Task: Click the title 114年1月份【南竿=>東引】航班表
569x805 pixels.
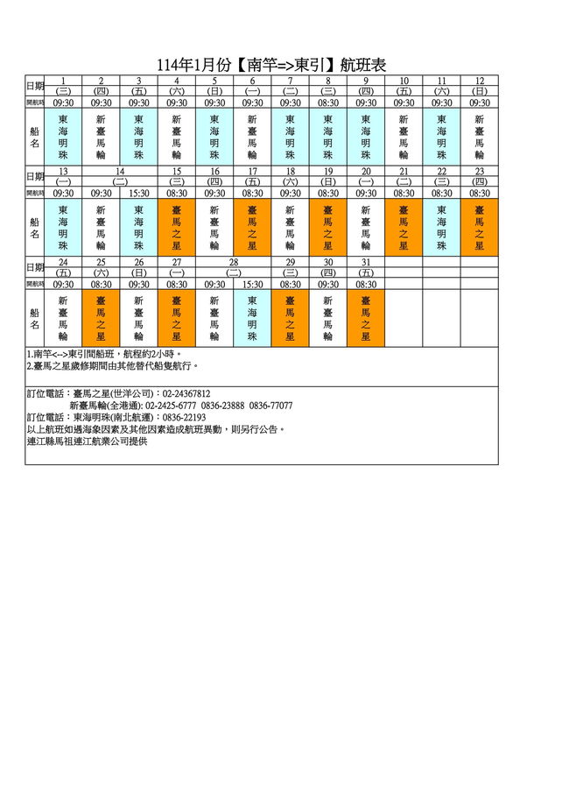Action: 270,65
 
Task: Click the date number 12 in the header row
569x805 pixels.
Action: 480,81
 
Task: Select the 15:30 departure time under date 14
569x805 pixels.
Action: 139,193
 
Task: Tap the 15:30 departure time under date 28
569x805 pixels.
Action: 253,284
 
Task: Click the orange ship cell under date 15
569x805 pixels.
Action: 177,227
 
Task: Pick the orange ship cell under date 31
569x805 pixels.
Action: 366,318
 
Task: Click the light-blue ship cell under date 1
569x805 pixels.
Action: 63,136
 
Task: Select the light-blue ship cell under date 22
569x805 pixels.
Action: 442,227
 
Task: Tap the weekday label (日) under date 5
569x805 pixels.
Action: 214,91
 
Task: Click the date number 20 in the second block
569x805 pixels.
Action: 366,172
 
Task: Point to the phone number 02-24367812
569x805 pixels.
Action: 186,394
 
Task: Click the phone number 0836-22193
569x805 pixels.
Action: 178,418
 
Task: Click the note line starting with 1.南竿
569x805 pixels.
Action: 104,354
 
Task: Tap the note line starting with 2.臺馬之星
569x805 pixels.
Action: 114,365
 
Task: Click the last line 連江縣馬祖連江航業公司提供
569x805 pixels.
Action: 88,441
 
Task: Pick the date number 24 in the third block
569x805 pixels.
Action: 63,262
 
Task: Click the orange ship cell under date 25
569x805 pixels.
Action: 102,318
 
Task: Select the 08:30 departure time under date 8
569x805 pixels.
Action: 328,102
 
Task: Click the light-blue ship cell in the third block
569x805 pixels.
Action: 253,318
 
